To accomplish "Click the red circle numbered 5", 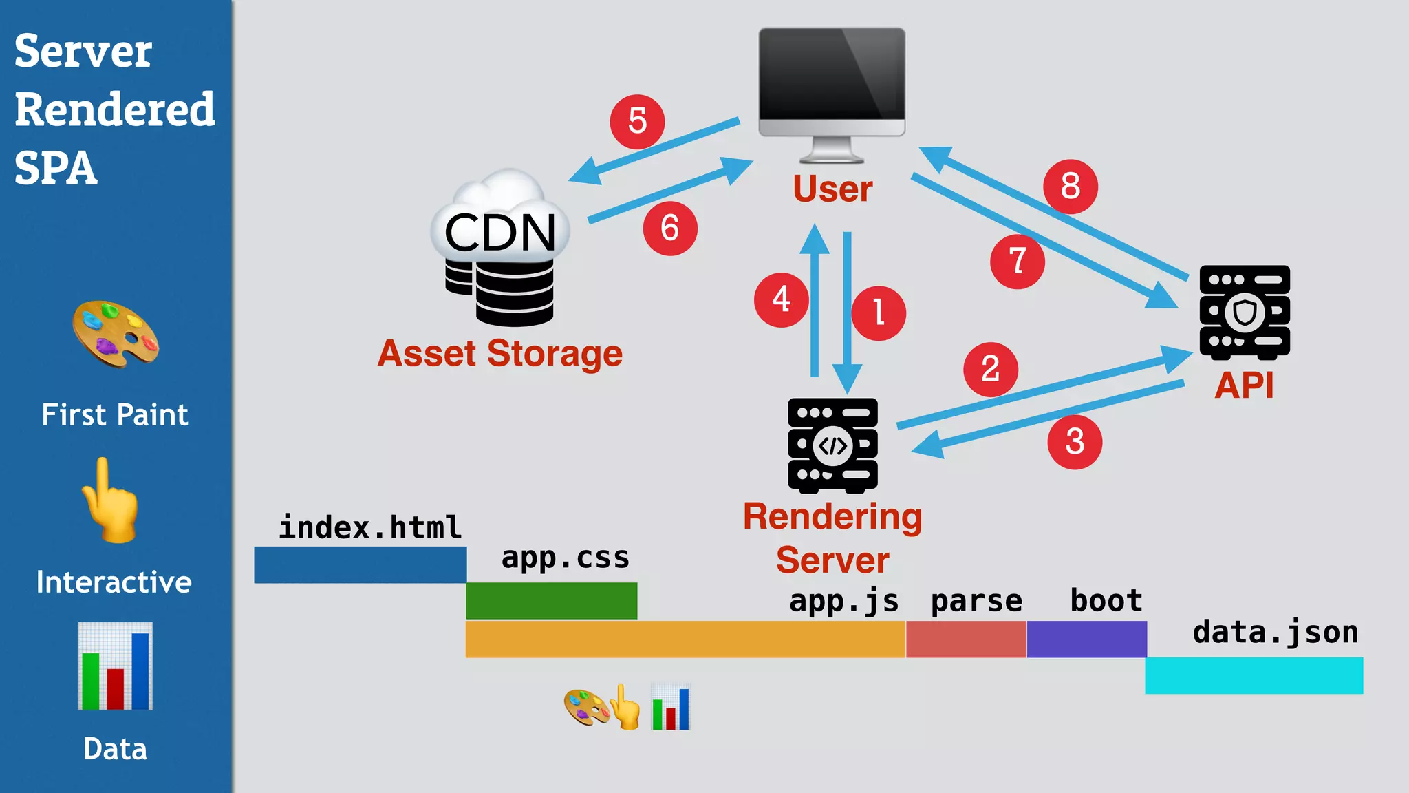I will [x=637, y=122].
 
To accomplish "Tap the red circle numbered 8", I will [x=1070, y=187].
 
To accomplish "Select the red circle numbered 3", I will [x=1075, y=442].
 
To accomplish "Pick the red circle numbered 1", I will [x=878, y=313].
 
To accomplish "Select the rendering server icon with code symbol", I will [x=832, y=445].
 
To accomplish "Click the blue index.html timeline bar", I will [x=360, y=564].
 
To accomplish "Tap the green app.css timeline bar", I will [x=551, y=600].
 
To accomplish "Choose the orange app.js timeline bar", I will [x=685, y=639].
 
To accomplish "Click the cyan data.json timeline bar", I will [x=1254, y=675].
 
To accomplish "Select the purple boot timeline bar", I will [x=1086, y=639].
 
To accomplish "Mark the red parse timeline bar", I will [x=966, y=639].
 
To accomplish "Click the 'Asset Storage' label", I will [x=500, y=354].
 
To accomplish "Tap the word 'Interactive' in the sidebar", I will [x=114, y=582].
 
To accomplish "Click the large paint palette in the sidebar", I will [x=116, y=335].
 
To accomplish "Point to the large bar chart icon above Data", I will [x=115, y=666].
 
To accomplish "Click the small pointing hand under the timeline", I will [x=625, y=707].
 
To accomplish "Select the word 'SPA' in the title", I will [x=56, y=168].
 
